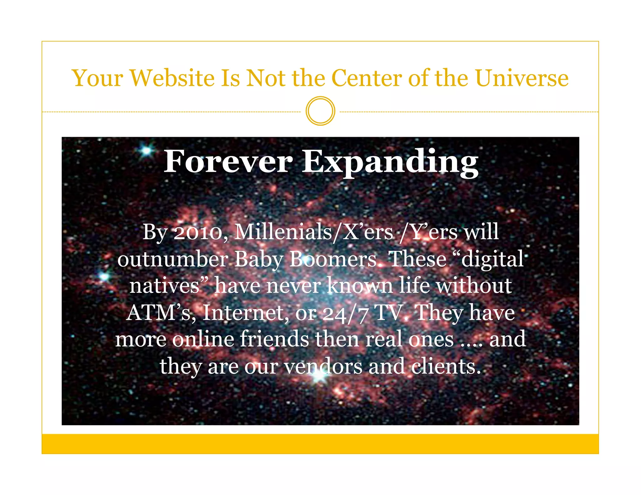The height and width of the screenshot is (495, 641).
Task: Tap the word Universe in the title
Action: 522,78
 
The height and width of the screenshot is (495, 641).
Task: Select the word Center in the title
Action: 366,78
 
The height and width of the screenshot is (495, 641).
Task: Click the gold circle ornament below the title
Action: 320,111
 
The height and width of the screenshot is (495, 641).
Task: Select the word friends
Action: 274,339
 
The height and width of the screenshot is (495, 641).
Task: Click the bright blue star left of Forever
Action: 146,151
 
